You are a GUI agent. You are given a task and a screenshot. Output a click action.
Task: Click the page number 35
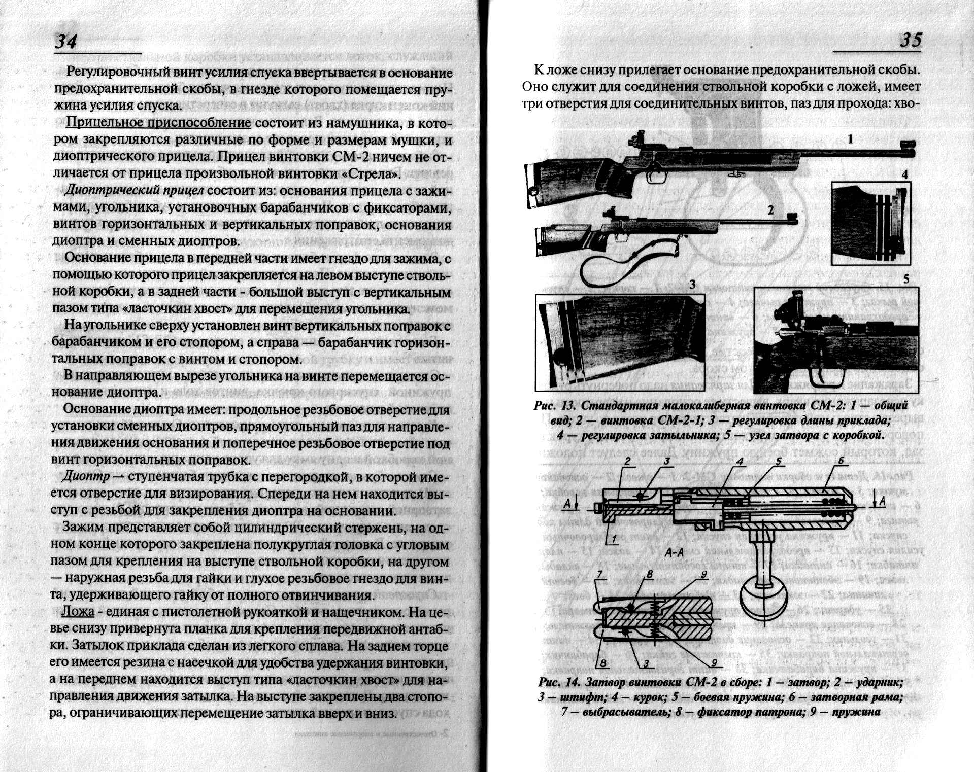click(x=911, y=40)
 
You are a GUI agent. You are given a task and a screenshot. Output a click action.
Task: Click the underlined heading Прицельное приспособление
click(x=158, y=123)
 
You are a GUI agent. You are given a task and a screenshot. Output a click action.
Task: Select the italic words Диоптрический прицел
click(x=134, y=190)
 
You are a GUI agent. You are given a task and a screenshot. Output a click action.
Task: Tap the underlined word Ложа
click(x=78, y=611)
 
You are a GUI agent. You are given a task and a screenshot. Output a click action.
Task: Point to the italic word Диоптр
click(x=85, y=477)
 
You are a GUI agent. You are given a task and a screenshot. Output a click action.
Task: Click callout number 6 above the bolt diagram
click(x=841, y=461)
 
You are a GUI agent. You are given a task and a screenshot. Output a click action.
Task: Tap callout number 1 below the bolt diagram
click(x=614, y=539)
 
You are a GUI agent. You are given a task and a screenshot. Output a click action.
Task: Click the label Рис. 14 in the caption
click(x=558, y=682)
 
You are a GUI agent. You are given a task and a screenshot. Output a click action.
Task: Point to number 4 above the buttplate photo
click(x=904, y=174)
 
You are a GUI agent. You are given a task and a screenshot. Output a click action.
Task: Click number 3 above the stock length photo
click(x=692, y=284)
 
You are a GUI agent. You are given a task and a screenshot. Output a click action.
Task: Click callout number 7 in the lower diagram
click(x=599, y=575)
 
